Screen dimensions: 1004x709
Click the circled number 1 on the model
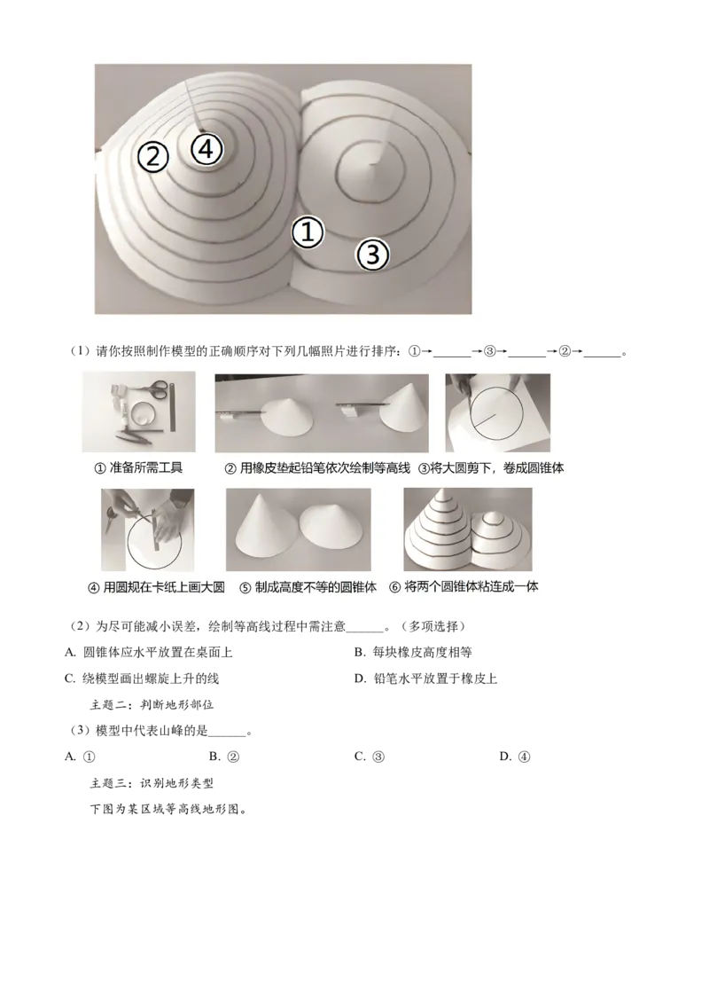(x=308, y=233)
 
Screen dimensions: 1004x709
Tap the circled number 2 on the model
(x=152, y=157)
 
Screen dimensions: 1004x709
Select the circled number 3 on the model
(x=372, y=255)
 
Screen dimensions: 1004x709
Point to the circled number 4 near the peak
(x=206, y=149)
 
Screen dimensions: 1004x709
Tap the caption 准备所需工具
(x=144, y=467)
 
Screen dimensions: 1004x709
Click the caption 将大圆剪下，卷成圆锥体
(x=498, y=467)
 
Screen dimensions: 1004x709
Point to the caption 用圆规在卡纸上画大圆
(x=163, y=587)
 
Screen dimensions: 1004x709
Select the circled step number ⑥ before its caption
(x=395, y=587)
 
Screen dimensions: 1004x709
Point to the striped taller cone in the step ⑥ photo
(x=439, y=532)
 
